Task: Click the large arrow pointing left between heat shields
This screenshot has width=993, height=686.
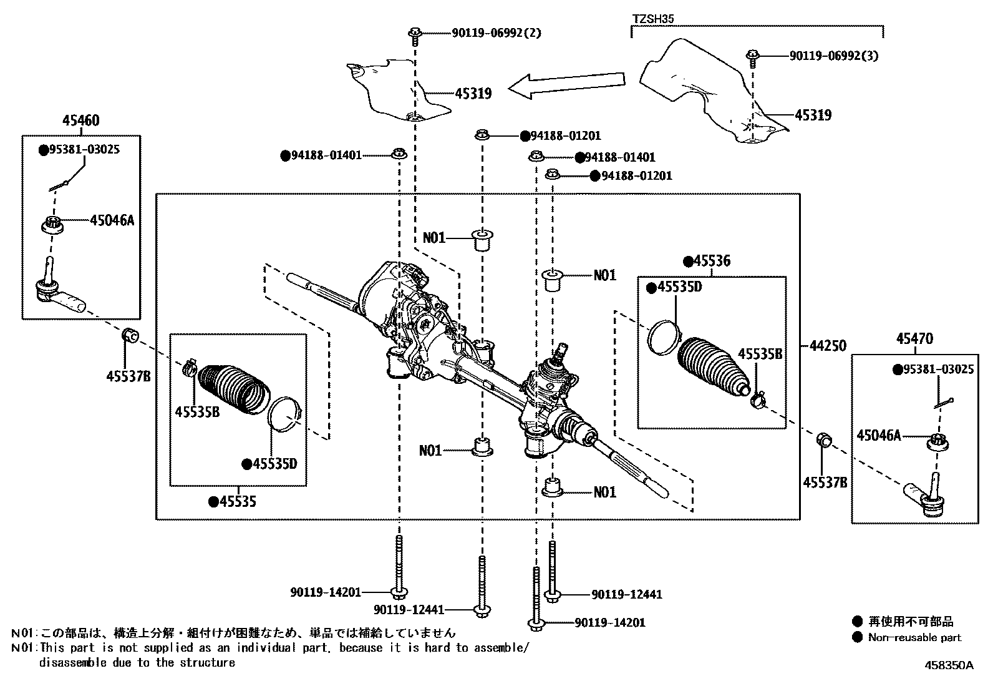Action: click(x=564, y=85)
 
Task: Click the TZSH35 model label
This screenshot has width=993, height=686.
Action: click(x=652, y=19)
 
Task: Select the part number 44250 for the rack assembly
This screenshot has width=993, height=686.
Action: click(x=828, y=345)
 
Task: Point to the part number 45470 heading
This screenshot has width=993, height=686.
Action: click(x=914, y=339)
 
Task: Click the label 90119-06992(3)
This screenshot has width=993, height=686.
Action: click(x=833, y=56)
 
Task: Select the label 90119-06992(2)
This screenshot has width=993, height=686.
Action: click(x=496, y=32)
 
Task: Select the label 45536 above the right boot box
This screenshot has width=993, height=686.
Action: click(x=712, y=261)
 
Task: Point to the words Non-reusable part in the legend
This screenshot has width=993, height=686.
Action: click(x=914, y=638)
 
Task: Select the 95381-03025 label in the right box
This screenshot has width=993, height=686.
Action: click(x=937, y=370)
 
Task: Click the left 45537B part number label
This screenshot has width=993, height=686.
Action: click(x=128, y=376)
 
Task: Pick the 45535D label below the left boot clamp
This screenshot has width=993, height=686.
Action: click(x=274, y=464)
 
